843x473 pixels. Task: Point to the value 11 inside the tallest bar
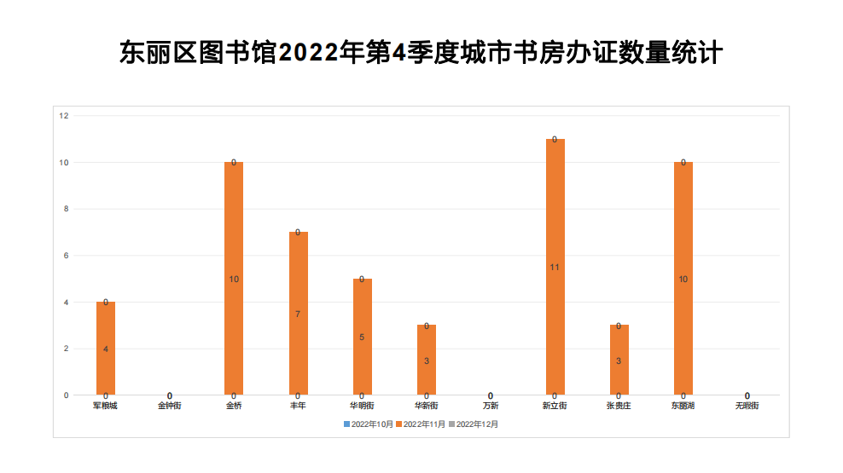coord(555,268)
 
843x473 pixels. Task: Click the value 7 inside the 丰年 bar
coord(298,314)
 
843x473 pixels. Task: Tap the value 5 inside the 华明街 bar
coord(362,337)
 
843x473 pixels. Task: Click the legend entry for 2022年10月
coord(369,424)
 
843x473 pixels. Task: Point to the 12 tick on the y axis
coord(64,116)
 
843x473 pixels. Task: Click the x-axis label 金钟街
coord(170,406)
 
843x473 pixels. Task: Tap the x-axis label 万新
coord(491,406)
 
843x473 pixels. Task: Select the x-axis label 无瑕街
coord(747,406)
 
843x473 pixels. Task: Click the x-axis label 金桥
coord(234,406)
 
